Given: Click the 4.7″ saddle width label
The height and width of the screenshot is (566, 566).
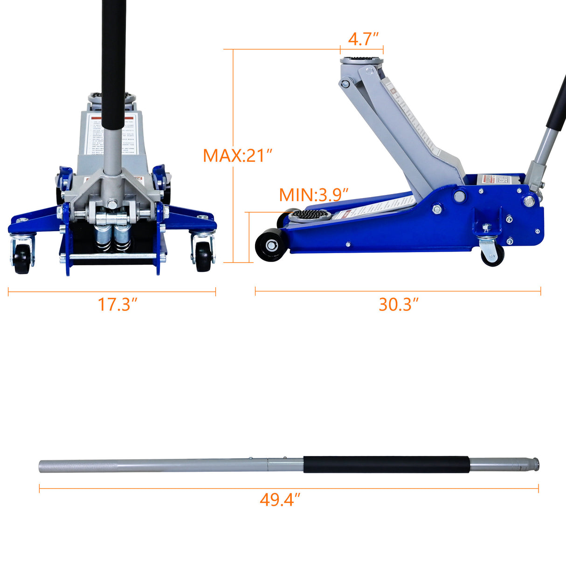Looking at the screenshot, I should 363,39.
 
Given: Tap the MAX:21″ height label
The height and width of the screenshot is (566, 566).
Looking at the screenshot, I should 237,155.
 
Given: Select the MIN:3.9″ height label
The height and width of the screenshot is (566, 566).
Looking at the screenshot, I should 314,194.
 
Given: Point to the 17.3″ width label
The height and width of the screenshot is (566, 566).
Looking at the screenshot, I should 117,304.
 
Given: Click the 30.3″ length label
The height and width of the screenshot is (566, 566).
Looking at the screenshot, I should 399,304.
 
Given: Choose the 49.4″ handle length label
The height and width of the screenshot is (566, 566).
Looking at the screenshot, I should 280,500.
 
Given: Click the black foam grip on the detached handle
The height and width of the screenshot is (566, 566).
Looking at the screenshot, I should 386,464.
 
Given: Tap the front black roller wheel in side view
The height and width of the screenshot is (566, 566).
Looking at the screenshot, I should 270,244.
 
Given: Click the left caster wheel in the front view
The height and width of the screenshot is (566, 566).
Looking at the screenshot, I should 21,258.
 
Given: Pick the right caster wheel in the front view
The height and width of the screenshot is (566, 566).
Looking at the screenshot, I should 204,256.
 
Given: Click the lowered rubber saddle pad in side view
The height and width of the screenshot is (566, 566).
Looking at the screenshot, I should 310,215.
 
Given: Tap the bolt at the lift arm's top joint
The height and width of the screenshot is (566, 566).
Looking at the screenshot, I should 345,84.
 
